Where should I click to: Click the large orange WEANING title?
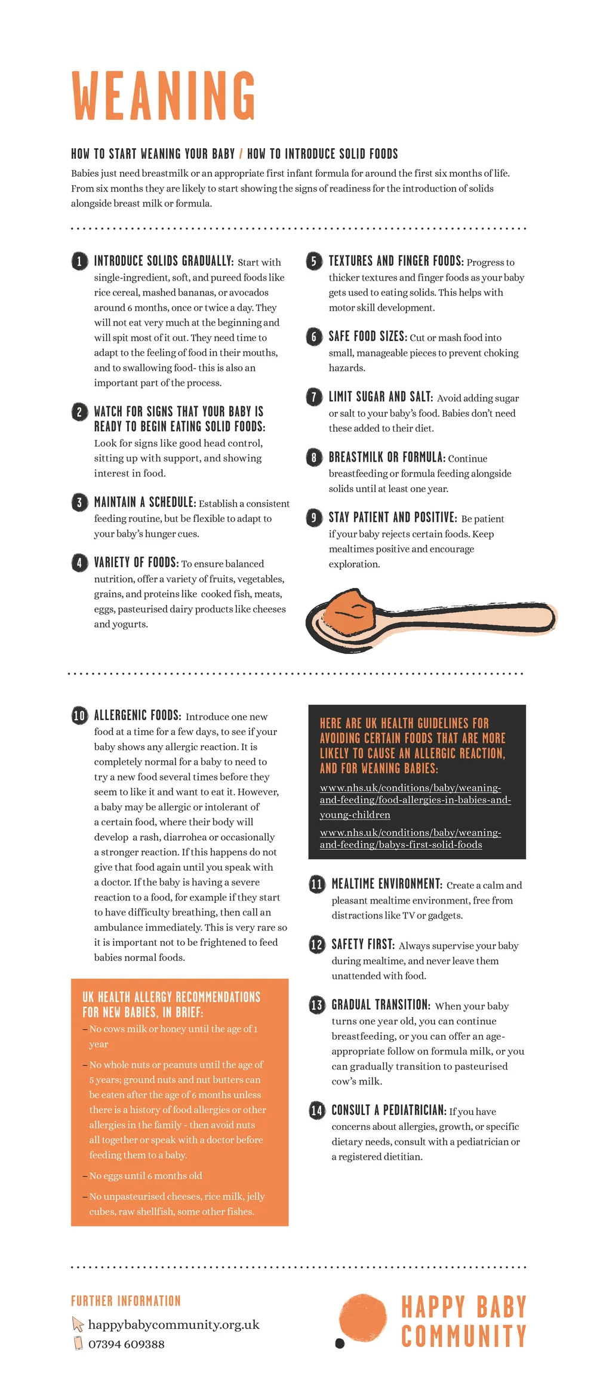click(x=164, y=96)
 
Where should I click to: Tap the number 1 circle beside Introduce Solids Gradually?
click(x=79, y=261)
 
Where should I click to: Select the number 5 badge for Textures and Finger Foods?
click(x=314, y=261)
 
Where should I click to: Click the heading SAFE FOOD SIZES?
click(x=367, y=336)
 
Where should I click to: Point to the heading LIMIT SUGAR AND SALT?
click(x=380, y=397)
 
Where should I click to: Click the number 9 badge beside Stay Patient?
click(x=314, y=517)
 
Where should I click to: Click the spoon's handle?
click(x=472, y=619)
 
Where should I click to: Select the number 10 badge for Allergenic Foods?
click(x=79, y=715)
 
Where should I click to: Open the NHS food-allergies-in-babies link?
click(x=415, y=801)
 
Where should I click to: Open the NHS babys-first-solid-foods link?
click(x=410, y=838)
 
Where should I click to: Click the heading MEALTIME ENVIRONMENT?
click(x=387, y=884)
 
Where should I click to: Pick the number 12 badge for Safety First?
click(x=316, y=944)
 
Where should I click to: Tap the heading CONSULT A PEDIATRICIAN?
click(x=389, y=1110)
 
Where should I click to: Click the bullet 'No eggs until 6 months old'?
click(x=146, y=1175)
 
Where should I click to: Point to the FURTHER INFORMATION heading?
click(x=125, y=1301)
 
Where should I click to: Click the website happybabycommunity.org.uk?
click(x=174, y=1324)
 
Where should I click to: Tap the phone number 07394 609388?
click(x=127, y=1344)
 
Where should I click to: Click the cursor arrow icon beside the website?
click(x=78, y=1323)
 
